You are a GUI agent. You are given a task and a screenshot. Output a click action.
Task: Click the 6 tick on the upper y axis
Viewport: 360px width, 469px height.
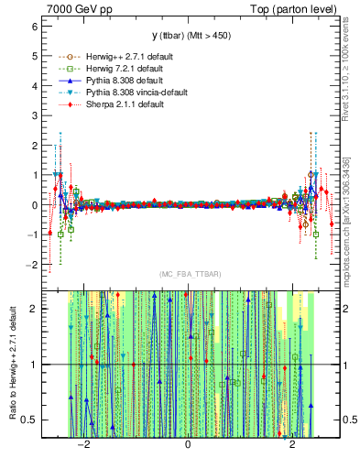point(34,27)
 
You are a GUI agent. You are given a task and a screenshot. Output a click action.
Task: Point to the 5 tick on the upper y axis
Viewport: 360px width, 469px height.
point(34,56)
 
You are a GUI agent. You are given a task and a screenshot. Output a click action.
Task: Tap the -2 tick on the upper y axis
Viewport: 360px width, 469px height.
point(31,265)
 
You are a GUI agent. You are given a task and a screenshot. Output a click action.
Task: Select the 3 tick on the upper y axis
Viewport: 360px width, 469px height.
point(34,115)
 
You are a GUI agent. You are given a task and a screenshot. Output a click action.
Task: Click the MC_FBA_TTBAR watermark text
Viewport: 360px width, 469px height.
point(188,274)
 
